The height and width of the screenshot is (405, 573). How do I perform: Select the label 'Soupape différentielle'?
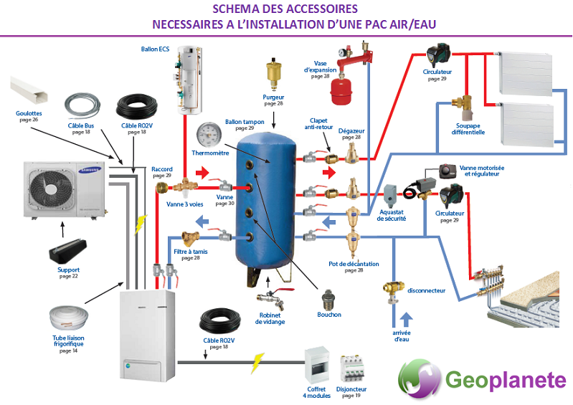tap(468, 128)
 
